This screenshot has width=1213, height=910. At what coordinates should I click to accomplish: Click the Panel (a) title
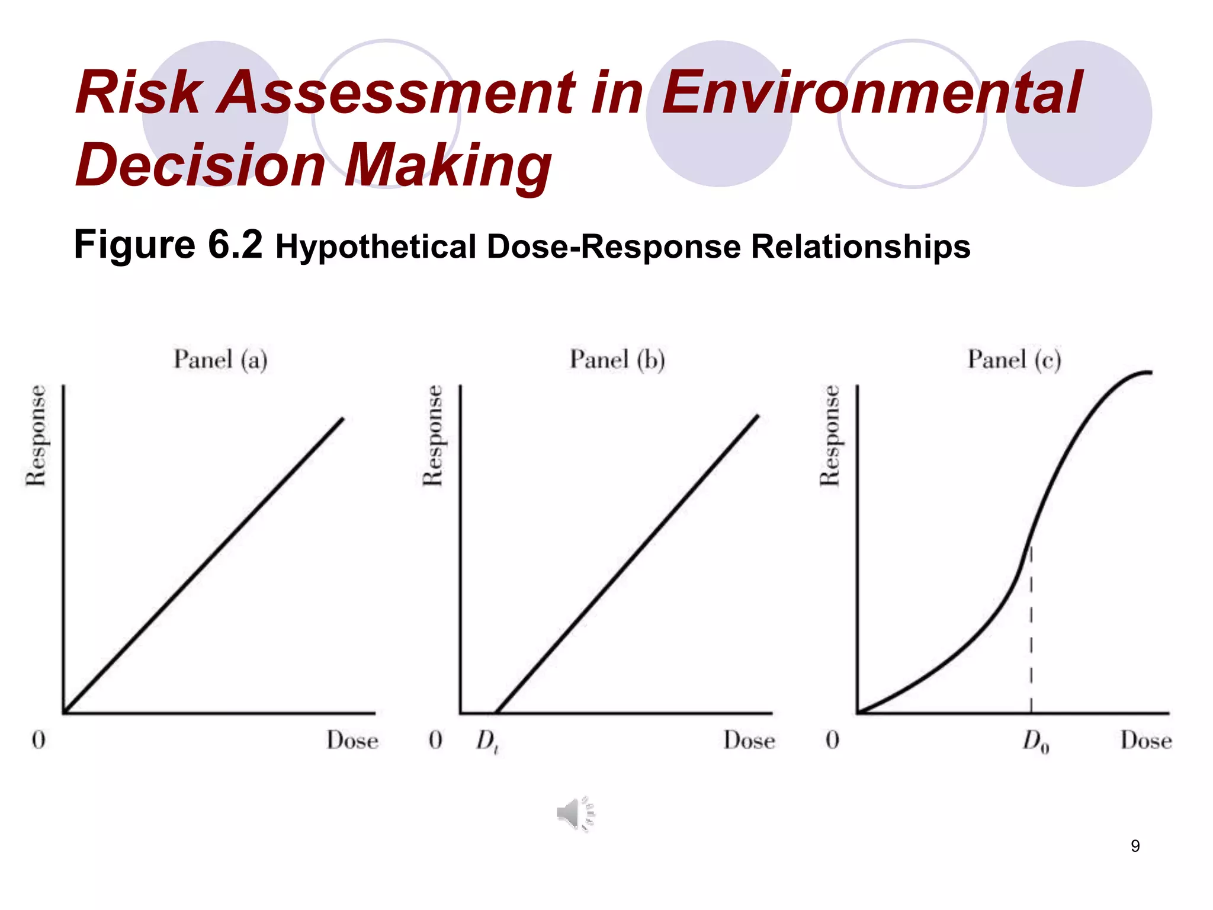click(220, 360)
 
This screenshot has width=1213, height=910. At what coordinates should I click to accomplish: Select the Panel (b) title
click(617, 360)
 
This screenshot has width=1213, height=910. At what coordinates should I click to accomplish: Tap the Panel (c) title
click(1014, 360)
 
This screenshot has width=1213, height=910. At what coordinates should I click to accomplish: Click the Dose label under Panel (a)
click(352, 741)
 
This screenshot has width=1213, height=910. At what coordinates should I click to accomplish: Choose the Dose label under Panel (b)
click(749, 741)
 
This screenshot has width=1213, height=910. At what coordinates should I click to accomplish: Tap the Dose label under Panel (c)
click(1146, 741)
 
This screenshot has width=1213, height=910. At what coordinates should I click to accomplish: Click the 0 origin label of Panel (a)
click(38, 740)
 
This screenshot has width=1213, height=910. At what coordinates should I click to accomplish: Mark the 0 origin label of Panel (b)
click(435, 740)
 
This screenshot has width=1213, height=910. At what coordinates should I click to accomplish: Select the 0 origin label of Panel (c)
click(832, 740)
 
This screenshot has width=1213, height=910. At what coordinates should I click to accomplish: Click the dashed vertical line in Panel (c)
click(1031, 640)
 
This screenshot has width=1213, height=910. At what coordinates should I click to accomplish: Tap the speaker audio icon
click(575, 814)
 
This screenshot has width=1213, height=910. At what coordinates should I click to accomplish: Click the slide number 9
click(1135, 846)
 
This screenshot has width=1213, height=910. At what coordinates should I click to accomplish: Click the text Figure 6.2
click(168, 244)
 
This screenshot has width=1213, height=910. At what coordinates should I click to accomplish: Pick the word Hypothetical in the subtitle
click(376, 246)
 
